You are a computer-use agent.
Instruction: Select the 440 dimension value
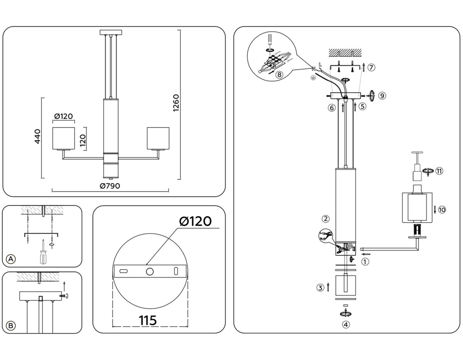pyautogui.click(x=37, y=137)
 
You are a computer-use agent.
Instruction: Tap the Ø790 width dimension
pyautogui.click(x=110, y=186)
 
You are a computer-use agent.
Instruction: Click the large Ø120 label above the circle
pyautogui.click(x=195, y=221)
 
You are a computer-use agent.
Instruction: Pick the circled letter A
pyautogui.click(x=12, y=259)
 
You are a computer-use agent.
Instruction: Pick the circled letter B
pyautogui.click(x=12, y=326)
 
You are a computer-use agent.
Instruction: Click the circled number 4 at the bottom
pyautogui.click(x=346, y=325)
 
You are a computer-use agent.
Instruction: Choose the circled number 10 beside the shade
pyautogui.click(x=442, y=210)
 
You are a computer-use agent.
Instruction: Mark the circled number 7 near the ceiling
pyautogui.click(x=371, y=68)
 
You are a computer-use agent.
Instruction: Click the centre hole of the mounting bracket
pyautogui.click(x=149, y=271)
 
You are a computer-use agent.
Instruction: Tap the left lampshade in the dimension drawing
pyautogui.click(x=63, y=138)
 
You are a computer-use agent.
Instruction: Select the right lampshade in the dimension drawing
pyautogui.click(x=158, y=138)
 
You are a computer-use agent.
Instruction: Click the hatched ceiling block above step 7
pyautogui.click(x=345, y=52)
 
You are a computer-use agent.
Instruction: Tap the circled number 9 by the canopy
pyautogui.click(x=382, y=96)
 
